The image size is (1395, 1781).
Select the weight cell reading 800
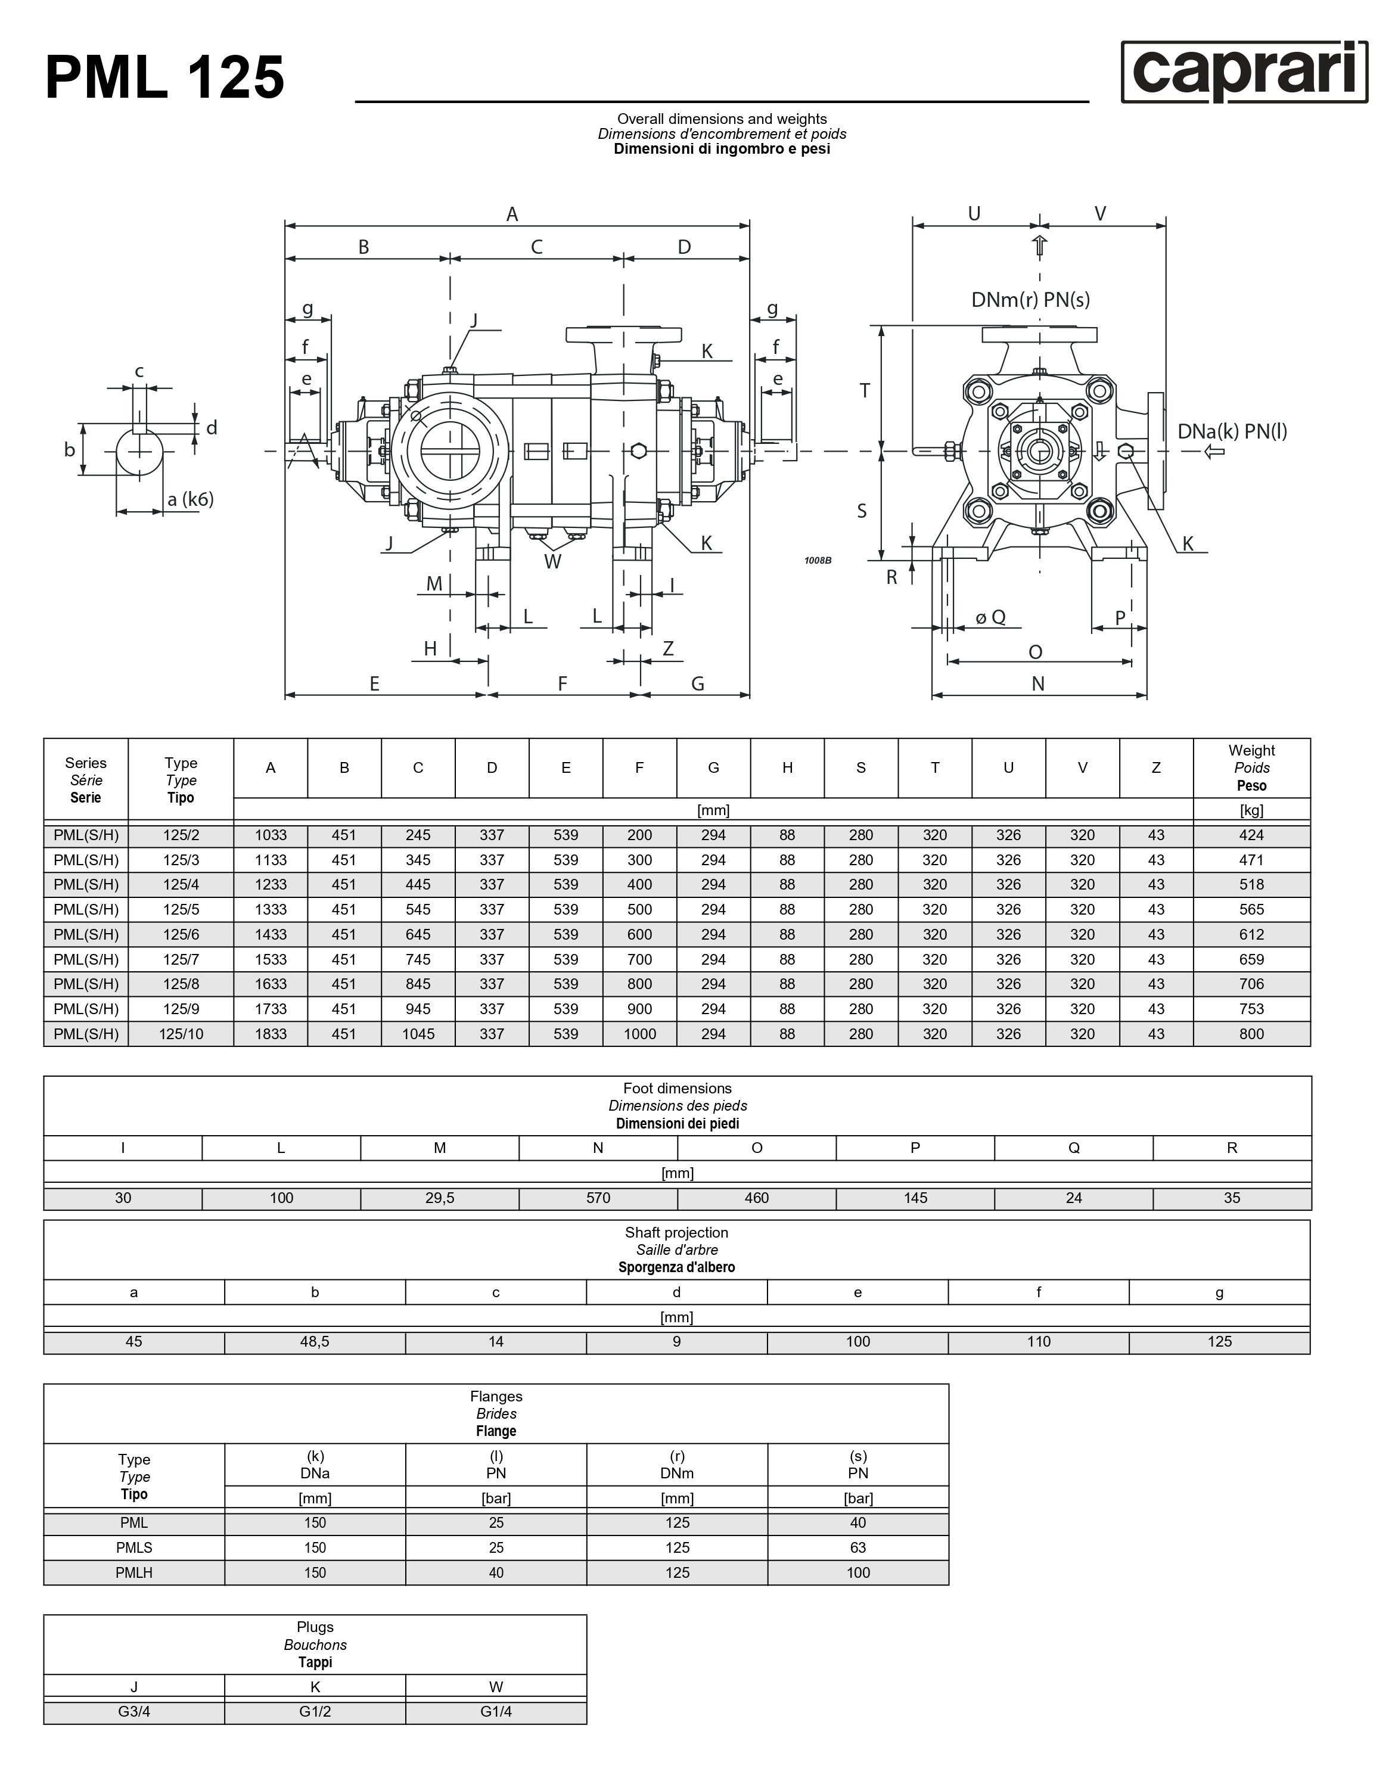1251,1034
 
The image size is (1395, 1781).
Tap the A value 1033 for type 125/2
271,835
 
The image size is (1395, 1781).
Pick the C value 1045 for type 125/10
418,1034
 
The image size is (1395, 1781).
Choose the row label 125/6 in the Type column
181,934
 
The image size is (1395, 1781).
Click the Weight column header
1251,767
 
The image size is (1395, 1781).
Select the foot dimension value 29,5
439,1198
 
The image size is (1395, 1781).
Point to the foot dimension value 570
598,1198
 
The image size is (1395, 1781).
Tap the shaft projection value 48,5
315,1342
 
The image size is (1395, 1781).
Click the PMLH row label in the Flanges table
134,1573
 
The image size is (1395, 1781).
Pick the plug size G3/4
134,1712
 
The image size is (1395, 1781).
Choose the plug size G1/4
496,1712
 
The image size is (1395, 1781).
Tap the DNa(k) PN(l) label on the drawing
1232,431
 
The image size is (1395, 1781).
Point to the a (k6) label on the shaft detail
190,499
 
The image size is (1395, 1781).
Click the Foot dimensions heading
677,1089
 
